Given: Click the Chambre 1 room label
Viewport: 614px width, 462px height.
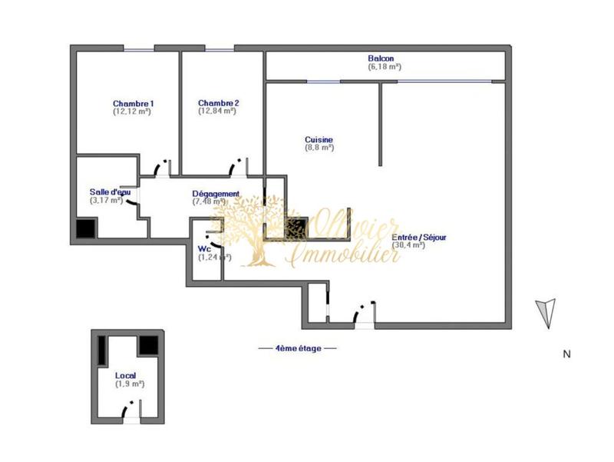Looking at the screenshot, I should point(134,104).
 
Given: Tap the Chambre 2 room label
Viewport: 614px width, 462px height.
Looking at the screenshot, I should point(219,103).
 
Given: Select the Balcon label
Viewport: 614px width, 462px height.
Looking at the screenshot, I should point(381,59).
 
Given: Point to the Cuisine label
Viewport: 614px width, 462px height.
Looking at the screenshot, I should point(319,140).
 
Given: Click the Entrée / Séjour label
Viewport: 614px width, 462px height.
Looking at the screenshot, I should point(418,238).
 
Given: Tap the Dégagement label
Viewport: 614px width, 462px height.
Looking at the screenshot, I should point(216,194).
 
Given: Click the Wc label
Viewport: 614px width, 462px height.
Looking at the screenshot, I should point(204,249).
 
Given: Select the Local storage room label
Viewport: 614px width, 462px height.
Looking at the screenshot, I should point(126,375).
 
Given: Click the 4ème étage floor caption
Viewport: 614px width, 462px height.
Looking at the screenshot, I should point(298,348).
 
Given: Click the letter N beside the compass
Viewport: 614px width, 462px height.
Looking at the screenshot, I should point(566,354).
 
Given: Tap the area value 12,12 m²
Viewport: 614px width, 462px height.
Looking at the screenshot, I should point(131,112).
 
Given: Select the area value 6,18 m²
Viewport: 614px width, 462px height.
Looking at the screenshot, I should point(385,68).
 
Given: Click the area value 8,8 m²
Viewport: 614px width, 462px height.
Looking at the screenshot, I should point(319,148).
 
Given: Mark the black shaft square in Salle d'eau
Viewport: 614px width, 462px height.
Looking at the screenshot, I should point(86,228).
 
